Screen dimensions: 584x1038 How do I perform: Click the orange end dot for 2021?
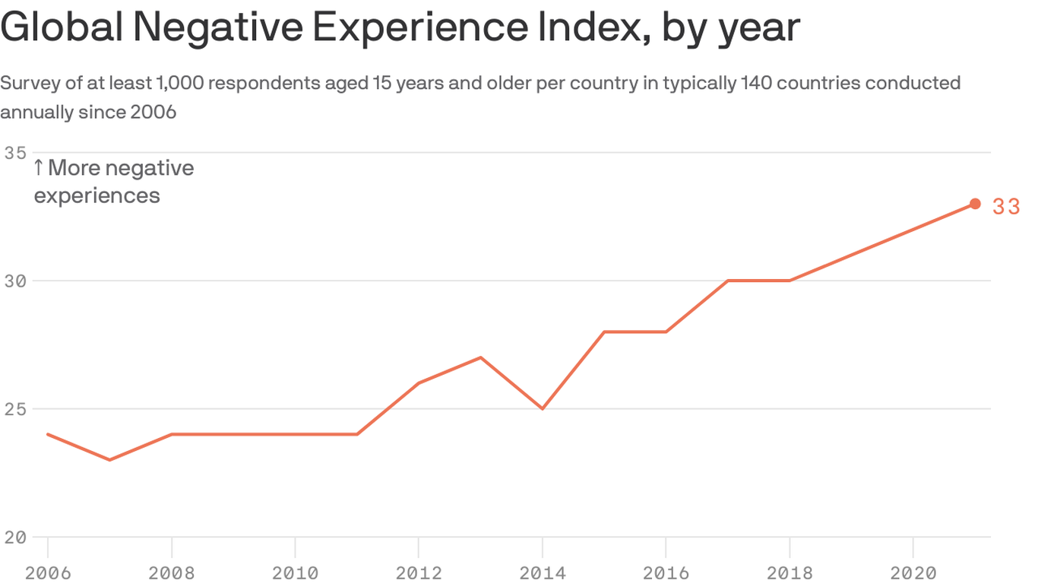pos(975,204)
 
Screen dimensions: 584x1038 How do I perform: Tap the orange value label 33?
pos(1006,207)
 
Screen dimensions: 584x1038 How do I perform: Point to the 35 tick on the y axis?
pos(14,153)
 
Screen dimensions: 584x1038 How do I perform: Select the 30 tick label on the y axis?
pos(14,281)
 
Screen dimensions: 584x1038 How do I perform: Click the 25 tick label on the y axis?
pos(14,409)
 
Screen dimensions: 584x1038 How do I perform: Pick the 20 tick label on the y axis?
pos(14,537)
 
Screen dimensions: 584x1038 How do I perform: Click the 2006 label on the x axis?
pos(48,573)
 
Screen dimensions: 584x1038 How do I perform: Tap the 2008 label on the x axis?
pos(172,573)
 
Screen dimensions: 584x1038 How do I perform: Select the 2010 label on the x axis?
pos(295,573)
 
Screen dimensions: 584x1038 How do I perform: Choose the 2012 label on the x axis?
pos(419,573)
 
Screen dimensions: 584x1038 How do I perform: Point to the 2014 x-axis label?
pos(543,573)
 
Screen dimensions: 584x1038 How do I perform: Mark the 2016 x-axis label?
pos(666,573)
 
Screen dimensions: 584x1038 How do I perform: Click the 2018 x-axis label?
pos(790,573)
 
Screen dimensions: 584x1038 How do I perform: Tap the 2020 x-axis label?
pos(913,573)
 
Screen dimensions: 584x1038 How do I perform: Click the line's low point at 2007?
pos(110,460)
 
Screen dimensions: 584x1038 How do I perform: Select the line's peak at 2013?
pos(481,357)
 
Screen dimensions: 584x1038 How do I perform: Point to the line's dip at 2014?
pos(543,409)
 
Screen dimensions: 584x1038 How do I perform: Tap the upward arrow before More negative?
pos(38,168)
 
